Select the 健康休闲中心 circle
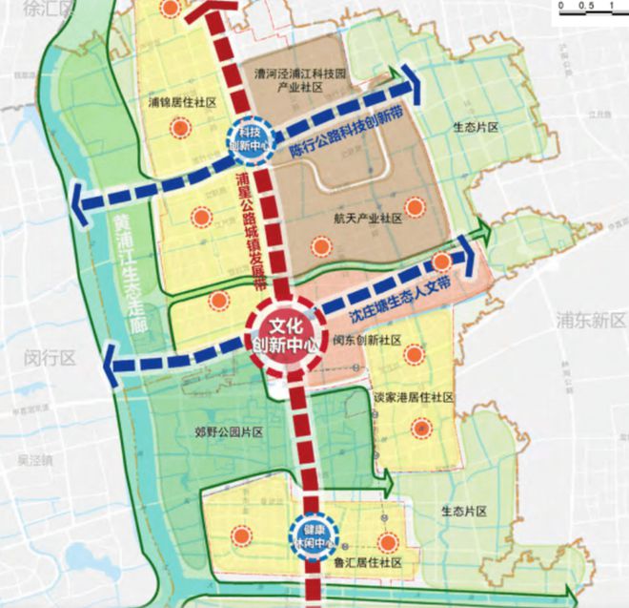[313, 537]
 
